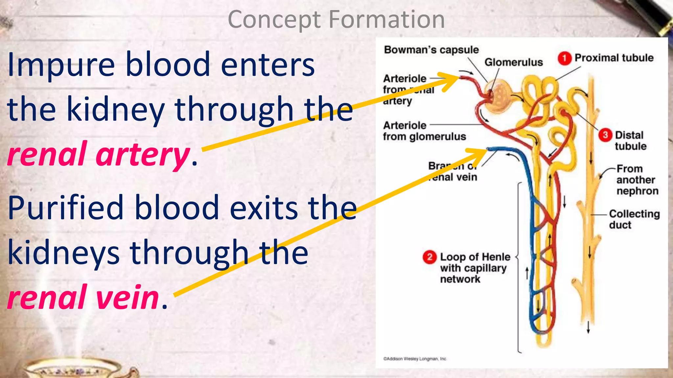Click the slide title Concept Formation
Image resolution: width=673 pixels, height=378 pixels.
[336, 20]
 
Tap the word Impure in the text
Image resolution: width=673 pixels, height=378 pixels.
[61, 65]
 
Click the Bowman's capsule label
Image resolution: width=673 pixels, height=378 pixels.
[431, 50]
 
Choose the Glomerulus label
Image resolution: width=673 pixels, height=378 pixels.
[513, 62]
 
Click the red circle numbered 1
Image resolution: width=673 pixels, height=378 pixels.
[564, 58]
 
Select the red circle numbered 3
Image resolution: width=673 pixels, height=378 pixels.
[605, 135]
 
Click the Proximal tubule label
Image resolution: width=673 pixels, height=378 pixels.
[614, 58]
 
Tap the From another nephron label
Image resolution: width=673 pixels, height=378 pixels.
[637, 180]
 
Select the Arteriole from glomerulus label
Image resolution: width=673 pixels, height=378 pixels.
[424, 131]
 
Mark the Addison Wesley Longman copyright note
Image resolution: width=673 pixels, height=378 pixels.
[415, 359]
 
